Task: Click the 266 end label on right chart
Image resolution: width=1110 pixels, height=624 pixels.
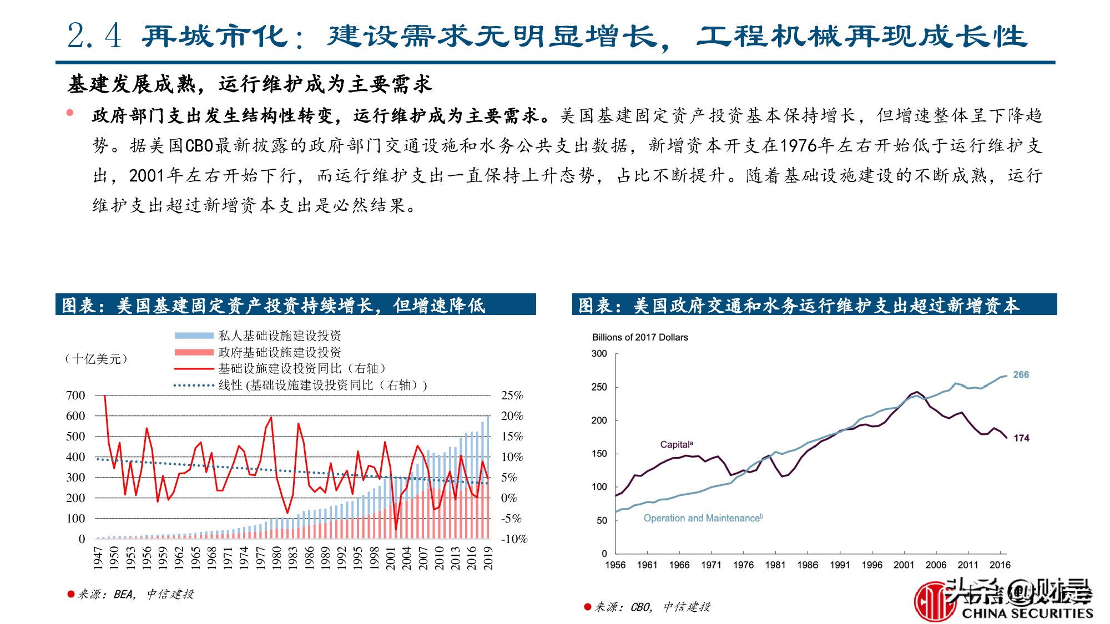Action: click(x=1021, y=374)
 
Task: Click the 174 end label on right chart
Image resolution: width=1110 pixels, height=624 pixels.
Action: click(x=1021, y=438)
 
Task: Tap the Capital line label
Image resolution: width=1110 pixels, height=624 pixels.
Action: click(x=676, y=444)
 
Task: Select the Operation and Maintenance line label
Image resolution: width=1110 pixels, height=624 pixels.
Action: click(x=703, y=518)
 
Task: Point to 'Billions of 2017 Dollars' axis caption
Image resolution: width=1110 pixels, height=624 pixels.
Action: click(x=639, y=337)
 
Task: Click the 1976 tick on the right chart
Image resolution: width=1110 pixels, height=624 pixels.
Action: click(x=743, y=565)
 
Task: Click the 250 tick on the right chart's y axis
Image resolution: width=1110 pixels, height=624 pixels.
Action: click(x=599, y=387)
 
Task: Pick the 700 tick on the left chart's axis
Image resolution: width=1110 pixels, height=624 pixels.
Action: click(x=75, y=395)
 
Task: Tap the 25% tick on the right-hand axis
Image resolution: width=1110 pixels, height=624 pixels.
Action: click(x=512, y=395)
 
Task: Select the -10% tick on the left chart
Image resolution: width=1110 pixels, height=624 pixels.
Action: click(x=513, y=539)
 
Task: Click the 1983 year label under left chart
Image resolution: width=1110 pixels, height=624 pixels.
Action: click(x=293, y=557)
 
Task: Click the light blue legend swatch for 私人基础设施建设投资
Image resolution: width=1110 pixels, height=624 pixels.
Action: click(x=194, y=336)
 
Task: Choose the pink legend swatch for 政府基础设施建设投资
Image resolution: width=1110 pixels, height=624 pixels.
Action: click(x=194, y=352)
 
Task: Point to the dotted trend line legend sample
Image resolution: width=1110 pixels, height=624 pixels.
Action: click(x=194, y=385)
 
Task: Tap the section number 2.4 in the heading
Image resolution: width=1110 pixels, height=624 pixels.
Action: click(x=94, y=36)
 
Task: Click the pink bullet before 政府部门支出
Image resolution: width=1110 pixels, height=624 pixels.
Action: click(x=70, y=113)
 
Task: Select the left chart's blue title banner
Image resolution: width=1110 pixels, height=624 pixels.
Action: click(x=295, y=305)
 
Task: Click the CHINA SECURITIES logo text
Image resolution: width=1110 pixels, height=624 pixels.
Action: click(x=1027, y=613)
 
